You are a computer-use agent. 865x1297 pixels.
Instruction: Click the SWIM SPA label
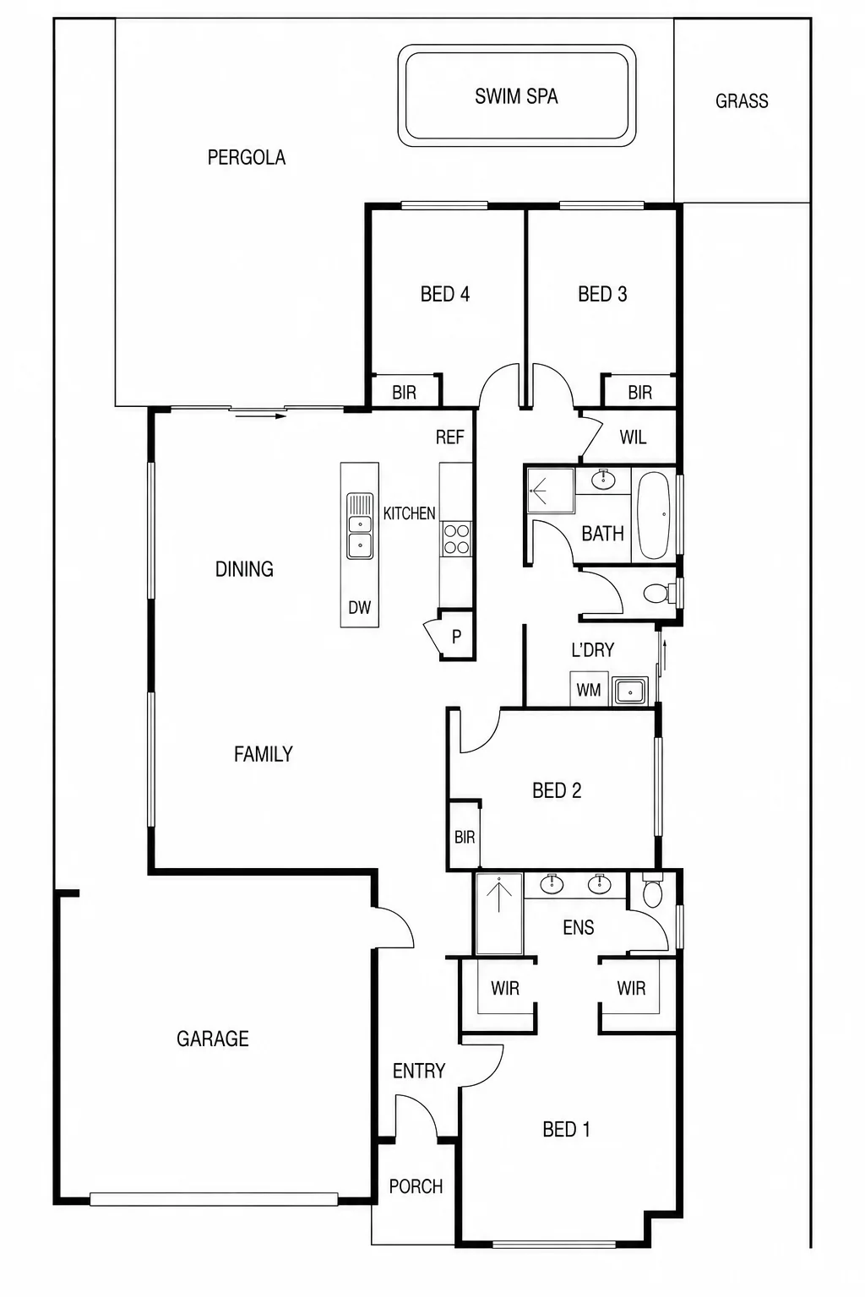pos(516,96)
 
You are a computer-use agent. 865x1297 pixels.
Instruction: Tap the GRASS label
pos(742,100)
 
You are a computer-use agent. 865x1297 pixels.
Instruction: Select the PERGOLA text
pos(246,157)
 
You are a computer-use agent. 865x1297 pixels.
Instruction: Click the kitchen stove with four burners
pos(456,539)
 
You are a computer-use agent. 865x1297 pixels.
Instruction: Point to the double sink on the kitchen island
pos(360,525)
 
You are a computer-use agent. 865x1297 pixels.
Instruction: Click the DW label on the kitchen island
pos(359,607)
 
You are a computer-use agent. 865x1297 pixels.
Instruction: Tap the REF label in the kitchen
pos(449,437)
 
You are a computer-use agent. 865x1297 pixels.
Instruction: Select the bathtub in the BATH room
pos(654,515)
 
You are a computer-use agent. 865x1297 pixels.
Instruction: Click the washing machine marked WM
pos(589,688)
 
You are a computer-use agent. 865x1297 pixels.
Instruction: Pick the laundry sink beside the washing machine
pos(630,692)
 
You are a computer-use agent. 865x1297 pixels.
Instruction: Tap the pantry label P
pos(456,637)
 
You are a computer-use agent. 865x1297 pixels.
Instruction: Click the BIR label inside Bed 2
pos(465,837)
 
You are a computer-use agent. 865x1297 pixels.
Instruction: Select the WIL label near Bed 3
pos(633,437)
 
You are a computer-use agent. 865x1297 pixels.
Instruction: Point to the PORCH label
pos(416,1186)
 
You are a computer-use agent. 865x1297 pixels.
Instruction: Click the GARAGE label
pos(213,1038)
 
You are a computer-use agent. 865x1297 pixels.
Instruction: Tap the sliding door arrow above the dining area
pos(258,415)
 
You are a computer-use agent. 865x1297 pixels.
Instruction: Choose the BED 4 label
pos(445,294)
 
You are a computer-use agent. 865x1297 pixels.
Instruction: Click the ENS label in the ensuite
pos(578,927)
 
